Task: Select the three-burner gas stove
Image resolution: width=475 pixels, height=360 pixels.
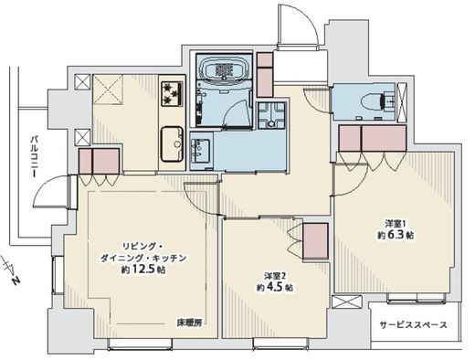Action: (x=172, y=94)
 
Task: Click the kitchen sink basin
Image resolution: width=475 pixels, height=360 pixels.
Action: (x=172, y=144)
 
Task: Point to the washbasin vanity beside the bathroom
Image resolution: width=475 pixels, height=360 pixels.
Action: (x=200, y=152)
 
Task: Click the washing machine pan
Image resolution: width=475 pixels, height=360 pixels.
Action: (x=271, y=115)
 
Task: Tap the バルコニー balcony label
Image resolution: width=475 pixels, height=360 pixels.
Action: (x=35, y=156)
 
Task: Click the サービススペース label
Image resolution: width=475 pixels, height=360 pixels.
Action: (x=414, y=325)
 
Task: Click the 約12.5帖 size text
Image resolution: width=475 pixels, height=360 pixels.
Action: (x=142, y=270)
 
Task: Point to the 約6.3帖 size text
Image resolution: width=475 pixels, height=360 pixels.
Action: (x=396, y=235)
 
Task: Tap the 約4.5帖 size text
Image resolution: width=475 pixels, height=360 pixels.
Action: (x=275, y=287)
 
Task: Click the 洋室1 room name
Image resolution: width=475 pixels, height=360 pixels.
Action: (x=395, y=224)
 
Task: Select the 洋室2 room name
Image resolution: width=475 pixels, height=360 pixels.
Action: (x=275, y=276)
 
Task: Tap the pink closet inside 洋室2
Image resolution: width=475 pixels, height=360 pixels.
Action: (x=316, y=241)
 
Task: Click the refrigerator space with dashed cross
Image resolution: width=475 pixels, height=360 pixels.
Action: (x=108, y=90)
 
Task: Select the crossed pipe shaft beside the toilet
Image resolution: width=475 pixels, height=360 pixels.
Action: (x=401, y=102)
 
